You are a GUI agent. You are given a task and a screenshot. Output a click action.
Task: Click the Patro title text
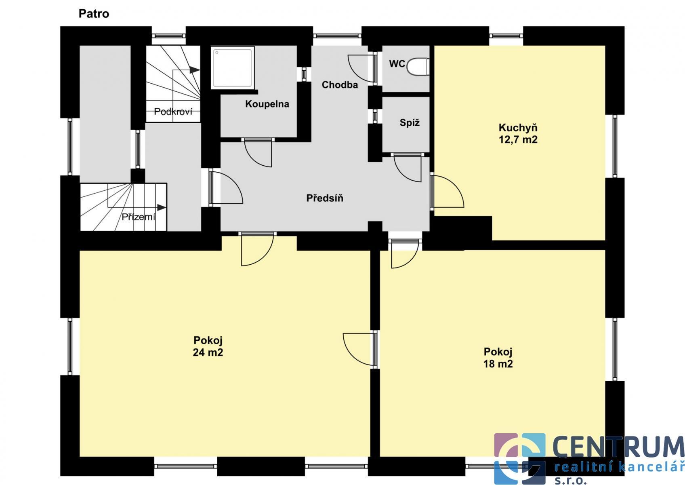coord(94,14)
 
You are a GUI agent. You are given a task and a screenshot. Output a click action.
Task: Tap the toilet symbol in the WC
coord(418,67)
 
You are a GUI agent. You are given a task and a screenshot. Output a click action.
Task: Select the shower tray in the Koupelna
coord(233,67)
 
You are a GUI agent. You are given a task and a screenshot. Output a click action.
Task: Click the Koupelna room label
coord(267,104)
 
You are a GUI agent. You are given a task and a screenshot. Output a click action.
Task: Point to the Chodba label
coord(340,85)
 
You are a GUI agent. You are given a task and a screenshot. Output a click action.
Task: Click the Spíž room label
coord(410,123)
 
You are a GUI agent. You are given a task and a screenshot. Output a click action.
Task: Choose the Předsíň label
coord(325,198)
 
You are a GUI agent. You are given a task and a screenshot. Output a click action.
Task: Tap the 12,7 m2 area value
coord(518,139)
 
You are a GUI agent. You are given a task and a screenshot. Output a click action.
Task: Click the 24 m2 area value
coord(208,352)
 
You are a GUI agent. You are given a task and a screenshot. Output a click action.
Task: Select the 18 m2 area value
coord(498,364)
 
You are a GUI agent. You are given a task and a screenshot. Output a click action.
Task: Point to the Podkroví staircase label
coord(173,112)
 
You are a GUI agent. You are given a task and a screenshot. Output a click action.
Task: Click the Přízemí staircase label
coord(139,217)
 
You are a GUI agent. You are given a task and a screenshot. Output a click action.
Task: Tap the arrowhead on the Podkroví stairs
coord(195,70)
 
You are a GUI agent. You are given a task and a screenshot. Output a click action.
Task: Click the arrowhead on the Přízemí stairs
coord(162,207)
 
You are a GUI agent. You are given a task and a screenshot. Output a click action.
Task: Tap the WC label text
coord(397,63)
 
